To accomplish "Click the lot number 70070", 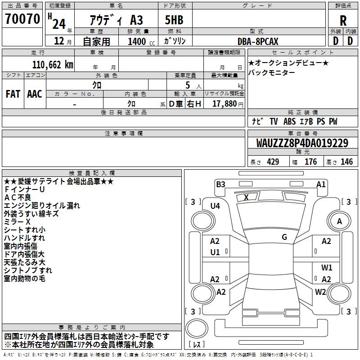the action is [x=22, y=19].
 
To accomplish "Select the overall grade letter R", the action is [x=343, y=21].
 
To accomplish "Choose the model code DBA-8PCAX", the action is [x=258, y=42].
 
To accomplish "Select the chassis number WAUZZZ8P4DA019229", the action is [x=302, y=144].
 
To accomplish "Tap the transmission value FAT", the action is [x=13, y=94].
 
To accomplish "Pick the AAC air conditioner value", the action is [x=35, y=94].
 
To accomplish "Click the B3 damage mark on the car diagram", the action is [x=220, y=184].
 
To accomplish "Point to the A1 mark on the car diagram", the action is [x=321, y=184].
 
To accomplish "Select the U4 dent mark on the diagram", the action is [x=215, y=206].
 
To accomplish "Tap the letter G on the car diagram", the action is [x=284, y=237].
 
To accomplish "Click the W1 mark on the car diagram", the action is [x=327, y=267].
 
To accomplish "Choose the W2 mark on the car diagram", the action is [x=320, y=292].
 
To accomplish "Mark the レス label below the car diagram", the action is [x=198, y=344].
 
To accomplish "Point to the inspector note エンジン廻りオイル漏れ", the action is [x=42, y=206].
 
